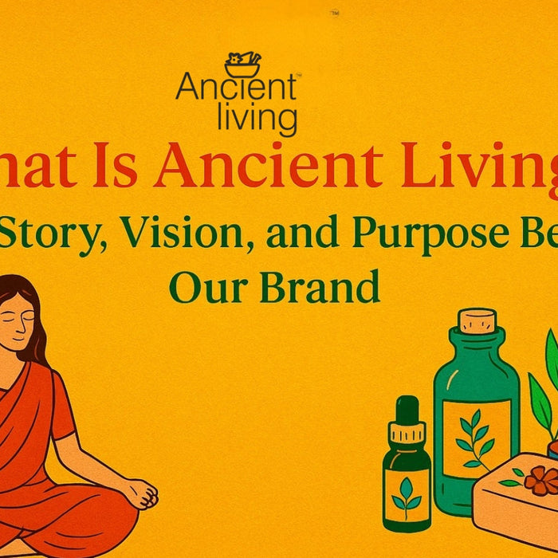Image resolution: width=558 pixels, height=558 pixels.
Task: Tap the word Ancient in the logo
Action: point(236,88)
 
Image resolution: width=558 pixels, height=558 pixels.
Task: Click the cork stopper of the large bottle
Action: point(477,320)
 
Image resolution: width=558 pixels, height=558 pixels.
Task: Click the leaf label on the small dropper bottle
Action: point(407,494)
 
